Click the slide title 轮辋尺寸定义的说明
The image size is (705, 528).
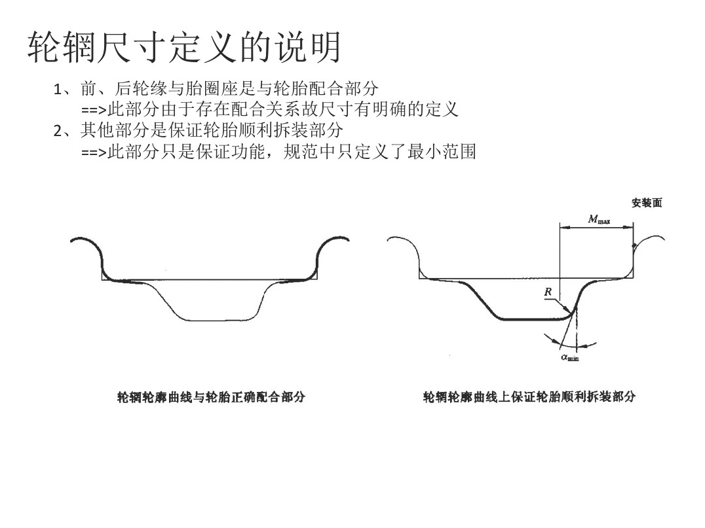[184, 47]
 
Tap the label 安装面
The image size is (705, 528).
[647, 203]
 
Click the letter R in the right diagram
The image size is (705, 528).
[547, 292]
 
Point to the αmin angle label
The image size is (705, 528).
[569, 357]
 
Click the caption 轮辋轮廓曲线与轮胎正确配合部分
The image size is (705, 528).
[210, 396]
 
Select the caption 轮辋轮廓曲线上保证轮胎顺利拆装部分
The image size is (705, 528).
[529, 396]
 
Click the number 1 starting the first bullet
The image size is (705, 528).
[58, 89]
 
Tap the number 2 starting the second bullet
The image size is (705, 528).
[58, 131]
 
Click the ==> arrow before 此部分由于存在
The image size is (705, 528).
[93, 110]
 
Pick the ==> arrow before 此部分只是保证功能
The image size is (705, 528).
[93, 152]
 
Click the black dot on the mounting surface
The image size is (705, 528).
[634, 246]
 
